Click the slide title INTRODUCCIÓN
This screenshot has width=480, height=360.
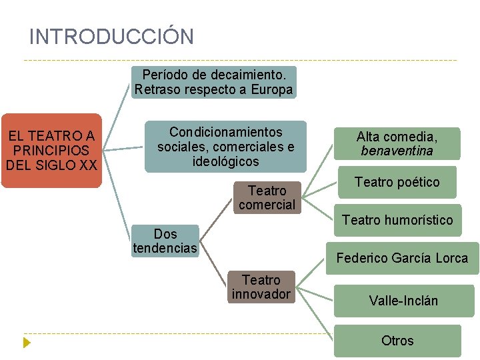(111, 37)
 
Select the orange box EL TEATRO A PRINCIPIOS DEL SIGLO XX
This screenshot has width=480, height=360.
(51, 150)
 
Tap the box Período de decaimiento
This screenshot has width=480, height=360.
(213, 82)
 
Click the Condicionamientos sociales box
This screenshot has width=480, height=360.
(225, 147)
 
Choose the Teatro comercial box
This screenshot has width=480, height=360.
(266, 198)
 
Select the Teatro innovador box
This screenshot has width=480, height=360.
(261, 287)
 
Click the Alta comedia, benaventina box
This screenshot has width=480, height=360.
(397, 144)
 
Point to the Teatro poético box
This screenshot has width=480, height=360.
(397, 182)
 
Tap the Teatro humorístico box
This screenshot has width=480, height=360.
(397, 220)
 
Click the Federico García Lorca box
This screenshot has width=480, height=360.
(402, 258)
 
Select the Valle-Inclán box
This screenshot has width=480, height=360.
(403, 301)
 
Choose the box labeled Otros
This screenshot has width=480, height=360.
(397, 341)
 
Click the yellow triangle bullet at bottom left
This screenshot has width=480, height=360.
(27, 343)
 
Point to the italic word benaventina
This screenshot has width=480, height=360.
(397, 151)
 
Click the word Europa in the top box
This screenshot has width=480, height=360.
(272, 90)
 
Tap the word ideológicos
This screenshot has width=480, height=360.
(225, 161)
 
